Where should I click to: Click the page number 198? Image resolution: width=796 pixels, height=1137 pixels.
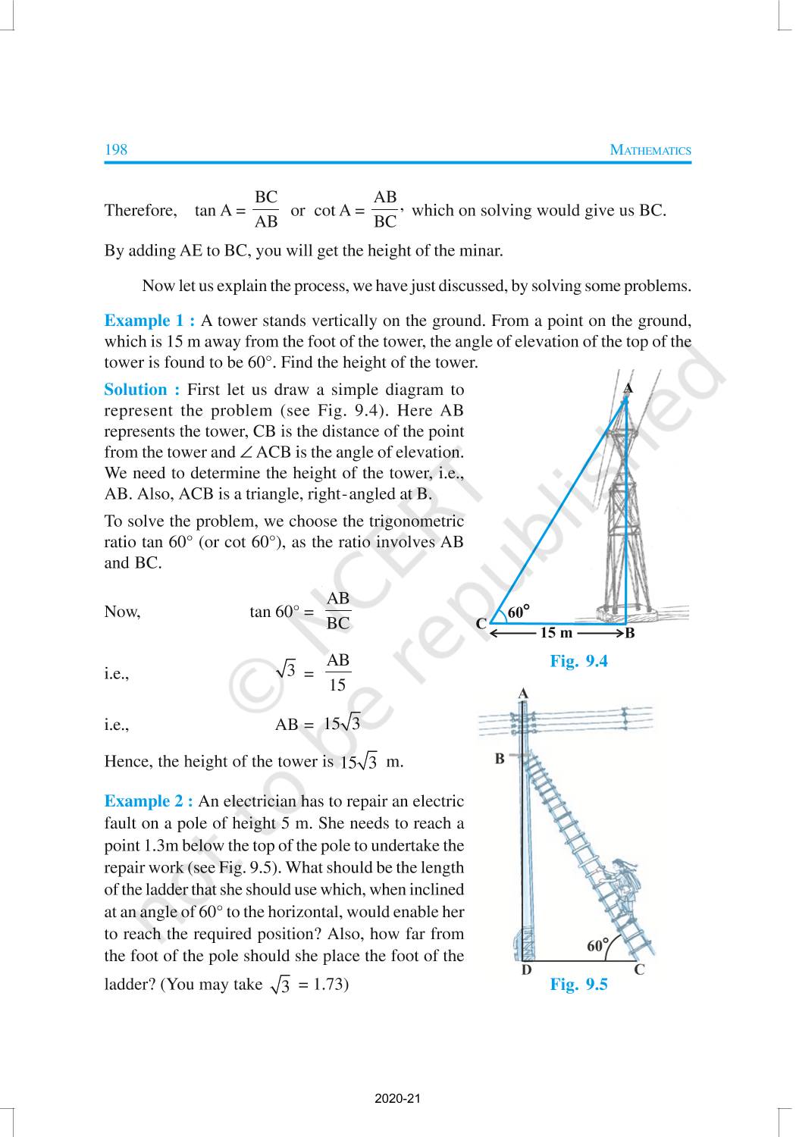[x=116, y=149]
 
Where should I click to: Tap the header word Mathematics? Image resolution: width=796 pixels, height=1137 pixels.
[x=650, y=150]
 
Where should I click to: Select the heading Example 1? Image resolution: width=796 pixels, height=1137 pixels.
[x=149, y=321]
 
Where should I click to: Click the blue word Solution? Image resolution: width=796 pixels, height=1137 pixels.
[x=141, y=390]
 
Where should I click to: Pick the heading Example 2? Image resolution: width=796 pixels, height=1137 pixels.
[x=149, y=801]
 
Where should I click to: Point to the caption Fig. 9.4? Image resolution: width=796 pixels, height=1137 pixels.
[x=578, y=661]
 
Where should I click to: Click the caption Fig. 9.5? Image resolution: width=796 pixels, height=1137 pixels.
[x=578, y=985]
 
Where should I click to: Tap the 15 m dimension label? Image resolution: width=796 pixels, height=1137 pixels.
[x=556, y=633]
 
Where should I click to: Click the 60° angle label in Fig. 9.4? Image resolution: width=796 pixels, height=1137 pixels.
[x=518, y=612]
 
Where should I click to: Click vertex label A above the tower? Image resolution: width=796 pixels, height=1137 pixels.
[x=627, y=388]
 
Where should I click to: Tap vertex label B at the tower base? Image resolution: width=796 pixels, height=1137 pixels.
[x=629, y=634]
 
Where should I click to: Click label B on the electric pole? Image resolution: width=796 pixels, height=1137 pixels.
[x=500, y=758]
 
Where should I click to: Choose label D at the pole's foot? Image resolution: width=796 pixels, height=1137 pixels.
[x=526, y=969]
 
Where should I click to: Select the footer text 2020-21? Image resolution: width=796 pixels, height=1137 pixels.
[x=397, y=1098]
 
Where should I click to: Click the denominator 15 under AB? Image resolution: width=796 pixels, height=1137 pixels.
[x=337, y=685]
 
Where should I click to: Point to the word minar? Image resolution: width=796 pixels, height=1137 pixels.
[x=479, y=250]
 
